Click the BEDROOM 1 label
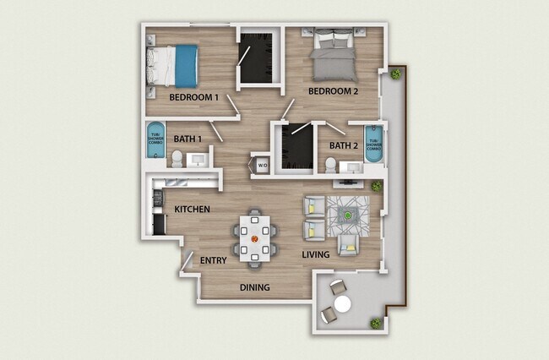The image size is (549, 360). click(193, 97)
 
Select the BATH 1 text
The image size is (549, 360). click(188, 139)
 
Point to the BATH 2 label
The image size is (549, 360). click(343, 145)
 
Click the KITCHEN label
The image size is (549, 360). click(192, 209)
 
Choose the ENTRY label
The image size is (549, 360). click(213, 261)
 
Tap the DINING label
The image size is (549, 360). click(254, 287)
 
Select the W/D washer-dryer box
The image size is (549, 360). click(262, 165)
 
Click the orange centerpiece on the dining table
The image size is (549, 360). click(254, 237)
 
